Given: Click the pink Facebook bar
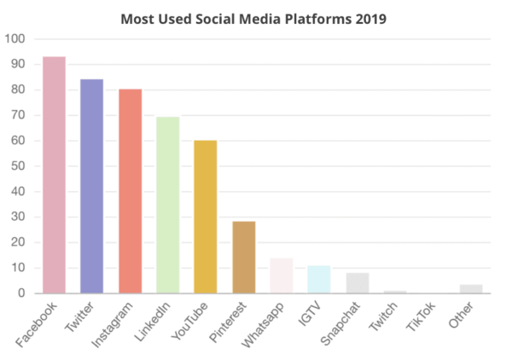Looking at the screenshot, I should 54,175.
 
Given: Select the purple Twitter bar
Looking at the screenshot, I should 91,186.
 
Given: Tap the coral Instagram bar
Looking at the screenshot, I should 130,191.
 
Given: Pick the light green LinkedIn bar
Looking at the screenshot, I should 167,205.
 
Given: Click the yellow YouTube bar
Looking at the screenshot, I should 206,217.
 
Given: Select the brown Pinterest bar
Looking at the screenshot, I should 244,258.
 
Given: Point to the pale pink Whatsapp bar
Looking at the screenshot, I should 282,276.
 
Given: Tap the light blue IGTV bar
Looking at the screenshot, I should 319,280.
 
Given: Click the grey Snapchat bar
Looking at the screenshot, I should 358,283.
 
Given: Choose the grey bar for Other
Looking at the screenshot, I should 471,289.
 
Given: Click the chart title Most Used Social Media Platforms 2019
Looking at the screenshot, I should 253,18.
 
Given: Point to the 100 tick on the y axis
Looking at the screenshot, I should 15,38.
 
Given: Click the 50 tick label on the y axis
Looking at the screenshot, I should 18,165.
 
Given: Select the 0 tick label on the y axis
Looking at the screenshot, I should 21,293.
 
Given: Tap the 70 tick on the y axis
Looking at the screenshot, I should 18,114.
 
